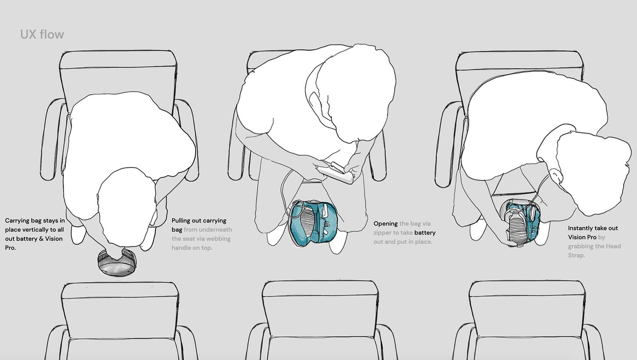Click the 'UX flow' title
(42, 34)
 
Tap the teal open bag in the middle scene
(313, 222)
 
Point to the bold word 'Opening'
(386, 224)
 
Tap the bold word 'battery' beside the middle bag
(425, 233)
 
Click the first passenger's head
(127, 207)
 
